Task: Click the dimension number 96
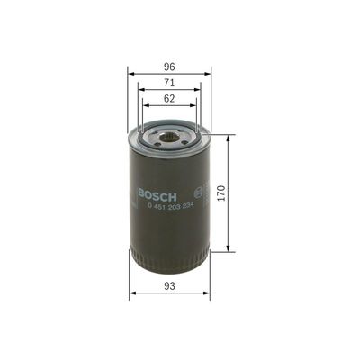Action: coord(169,65)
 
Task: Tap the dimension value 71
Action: coord(169,82)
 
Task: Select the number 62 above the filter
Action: coord(169,98)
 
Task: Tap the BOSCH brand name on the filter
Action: coord(157,194)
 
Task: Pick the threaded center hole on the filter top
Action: coord(170,136)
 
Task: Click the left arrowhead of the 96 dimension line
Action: coord(130,73)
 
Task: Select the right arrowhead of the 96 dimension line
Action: coord(209,73)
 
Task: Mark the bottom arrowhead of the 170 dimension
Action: coord(229,251)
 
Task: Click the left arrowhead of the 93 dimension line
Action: coord(132,294)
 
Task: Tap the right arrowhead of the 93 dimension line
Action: coord(207,294)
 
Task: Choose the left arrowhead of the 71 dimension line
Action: coord(140,89)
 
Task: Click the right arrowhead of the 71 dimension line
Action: coord(199,89)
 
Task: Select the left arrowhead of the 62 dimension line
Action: coord(145,105)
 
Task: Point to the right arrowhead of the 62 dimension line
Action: coord(194,105)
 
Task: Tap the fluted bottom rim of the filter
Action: coord(170,262)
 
